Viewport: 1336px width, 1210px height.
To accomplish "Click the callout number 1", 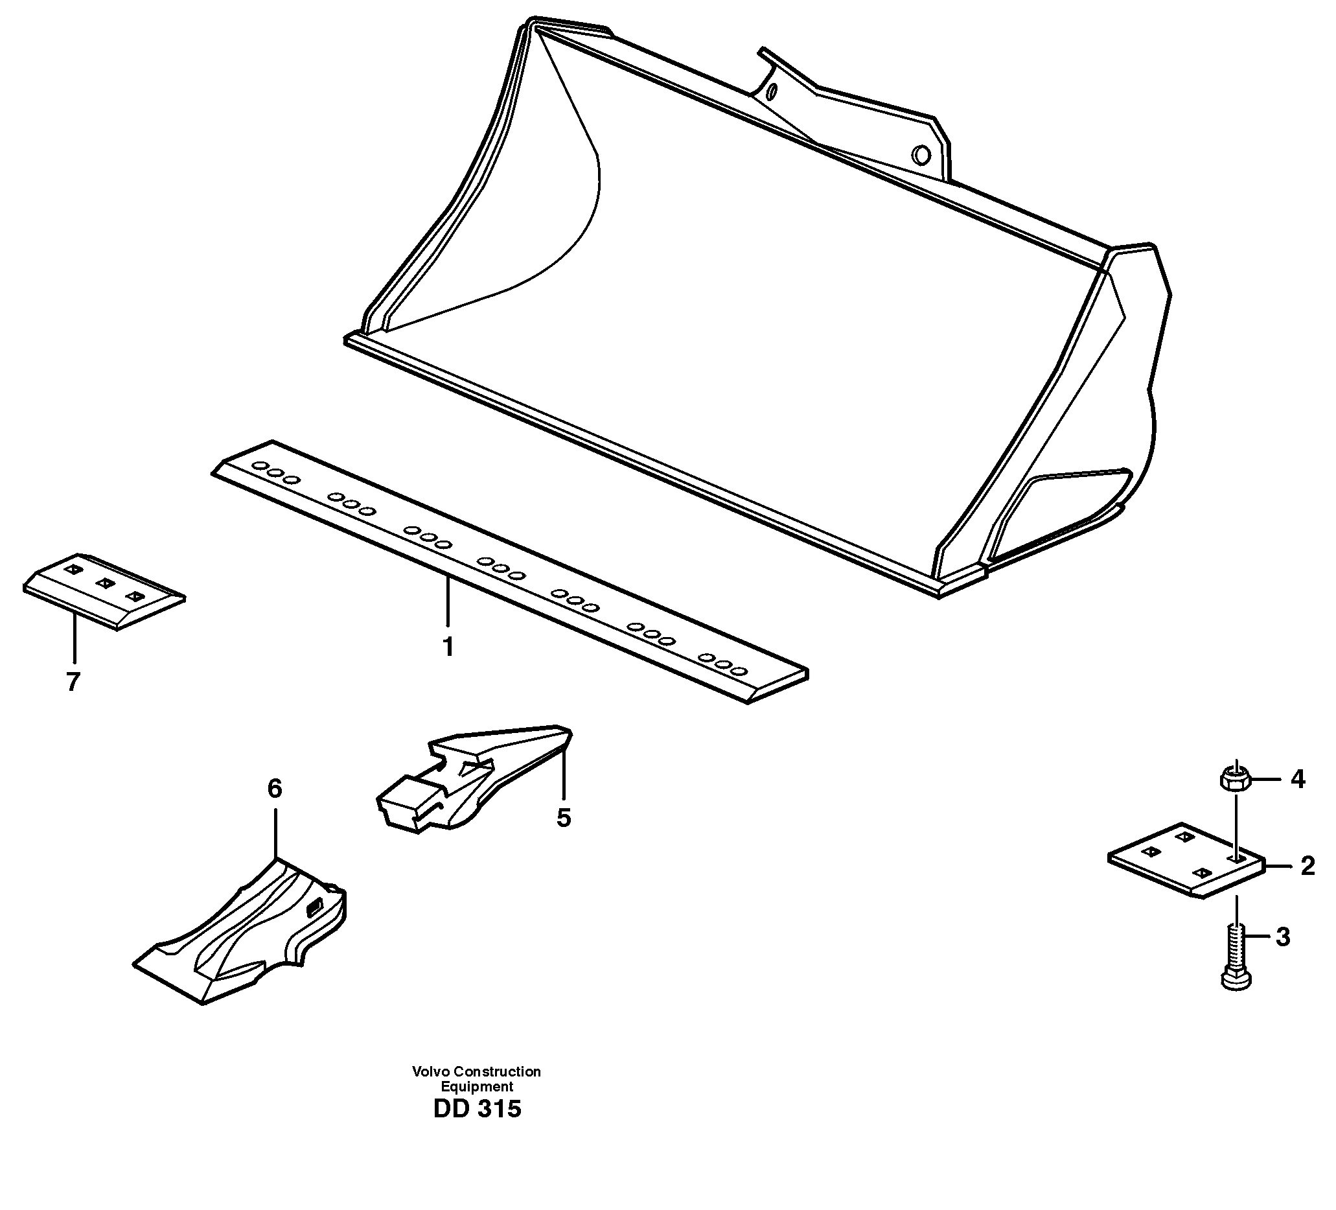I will [448, 646].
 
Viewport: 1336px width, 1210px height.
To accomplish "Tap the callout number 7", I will [73, 682].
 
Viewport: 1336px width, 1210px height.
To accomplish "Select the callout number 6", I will [274, 788].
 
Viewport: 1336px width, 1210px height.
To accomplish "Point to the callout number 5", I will [563, 818].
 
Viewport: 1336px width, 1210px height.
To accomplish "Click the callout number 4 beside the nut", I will [1298, 779].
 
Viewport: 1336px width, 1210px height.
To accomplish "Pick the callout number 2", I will [1307, 866].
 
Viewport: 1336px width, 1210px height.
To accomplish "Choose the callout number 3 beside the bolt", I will [1283, 937].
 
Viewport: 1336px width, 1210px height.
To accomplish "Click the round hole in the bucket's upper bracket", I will [921, 156].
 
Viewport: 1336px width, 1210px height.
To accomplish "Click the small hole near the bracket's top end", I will [770, 91].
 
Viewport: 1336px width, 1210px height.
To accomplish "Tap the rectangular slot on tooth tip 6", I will [315, 911].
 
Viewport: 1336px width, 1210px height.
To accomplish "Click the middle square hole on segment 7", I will [104, 583].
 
